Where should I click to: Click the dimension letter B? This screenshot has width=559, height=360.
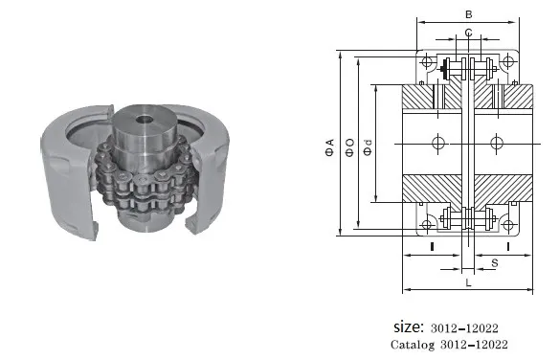(x=468, y=14)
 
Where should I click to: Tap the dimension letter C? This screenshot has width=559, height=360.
(x=468, y=33)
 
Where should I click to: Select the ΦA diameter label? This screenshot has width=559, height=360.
(x=330, y=147)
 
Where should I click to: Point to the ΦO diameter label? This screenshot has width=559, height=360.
(x=349, y=147)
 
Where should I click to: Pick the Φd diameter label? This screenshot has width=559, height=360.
(x=368, y=147)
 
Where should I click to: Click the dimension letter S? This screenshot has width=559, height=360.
(x=495, y=263)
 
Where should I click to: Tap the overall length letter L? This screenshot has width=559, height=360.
(x=468, y=282)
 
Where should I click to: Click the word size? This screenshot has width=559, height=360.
(x=409, y=326)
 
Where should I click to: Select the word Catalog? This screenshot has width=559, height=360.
(x=413, y=345)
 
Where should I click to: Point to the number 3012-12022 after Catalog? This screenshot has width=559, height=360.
(x=474, y=345)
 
